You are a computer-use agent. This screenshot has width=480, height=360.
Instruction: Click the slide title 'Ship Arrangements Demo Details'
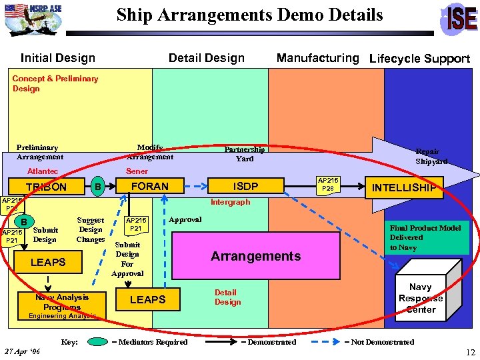249,15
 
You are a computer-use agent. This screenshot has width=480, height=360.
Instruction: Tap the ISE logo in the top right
459,18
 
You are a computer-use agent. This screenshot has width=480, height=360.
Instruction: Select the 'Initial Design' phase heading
58,58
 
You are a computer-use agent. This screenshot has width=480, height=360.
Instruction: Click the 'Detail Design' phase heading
207,58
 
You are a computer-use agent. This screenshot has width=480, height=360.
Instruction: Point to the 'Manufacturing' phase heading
317,58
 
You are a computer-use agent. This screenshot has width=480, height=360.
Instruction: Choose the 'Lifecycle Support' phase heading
419,59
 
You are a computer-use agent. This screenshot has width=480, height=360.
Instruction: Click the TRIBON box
46,187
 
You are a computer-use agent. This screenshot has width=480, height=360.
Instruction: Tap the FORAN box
149,186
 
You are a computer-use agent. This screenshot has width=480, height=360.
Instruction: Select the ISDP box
245,186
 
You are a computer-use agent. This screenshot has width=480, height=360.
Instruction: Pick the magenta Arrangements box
255,256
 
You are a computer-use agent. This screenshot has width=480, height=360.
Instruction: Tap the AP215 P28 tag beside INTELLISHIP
328,185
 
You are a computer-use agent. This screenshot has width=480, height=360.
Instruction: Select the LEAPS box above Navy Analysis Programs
48,262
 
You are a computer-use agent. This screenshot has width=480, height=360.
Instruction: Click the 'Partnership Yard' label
244,154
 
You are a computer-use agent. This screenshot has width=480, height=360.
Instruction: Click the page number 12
470,352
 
